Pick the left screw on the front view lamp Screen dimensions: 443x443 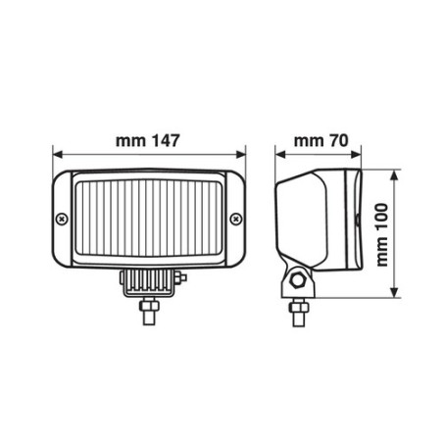click(x=63, y=218)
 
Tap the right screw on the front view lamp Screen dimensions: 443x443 click(x=235, y=218)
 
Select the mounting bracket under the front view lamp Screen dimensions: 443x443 click(x=149, y=282)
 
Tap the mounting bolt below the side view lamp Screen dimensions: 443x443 click(x=295, y=312)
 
